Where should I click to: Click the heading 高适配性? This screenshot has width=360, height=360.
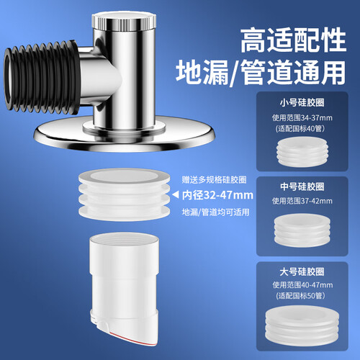293,40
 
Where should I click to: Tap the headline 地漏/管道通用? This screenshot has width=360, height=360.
261,73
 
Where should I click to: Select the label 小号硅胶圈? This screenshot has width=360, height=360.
302,103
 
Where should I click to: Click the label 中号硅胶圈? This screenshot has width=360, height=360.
302,186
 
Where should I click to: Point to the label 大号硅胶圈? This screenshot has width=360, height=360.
302,272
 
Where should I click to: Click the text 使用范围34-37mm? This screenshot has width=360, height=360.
302,118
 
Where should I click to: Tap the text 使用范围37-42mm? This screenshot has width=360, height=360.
302,201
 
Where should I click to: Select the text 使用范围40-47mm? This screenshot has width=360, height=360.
302,285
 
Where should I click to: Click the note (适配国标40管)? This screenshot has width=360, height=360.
300,129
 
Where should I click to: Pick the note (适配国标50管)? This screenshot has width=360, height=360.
300,296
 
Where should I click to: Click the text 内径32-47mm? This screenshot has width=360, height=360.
217,195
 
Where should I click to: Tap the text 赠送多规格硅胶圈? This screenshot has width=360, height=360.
214,180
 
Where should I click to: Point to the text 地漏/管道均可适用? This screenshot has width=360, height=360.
215,212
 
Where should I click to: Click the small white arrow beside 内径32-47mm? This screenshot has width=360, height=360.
176,194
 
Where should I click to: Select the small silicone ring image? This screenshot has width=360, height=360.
302,152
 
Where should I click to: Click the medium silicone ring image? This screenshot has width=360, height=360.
302,230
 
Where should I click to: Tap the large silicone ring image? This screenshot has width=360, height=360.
302,326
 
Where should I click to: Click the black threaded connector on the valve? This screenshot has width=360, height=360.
42,77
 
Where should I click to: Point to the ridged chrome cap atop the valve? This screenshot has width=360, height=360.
124,21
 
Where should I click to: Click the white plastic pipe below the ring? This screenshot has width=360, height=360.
125,288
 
